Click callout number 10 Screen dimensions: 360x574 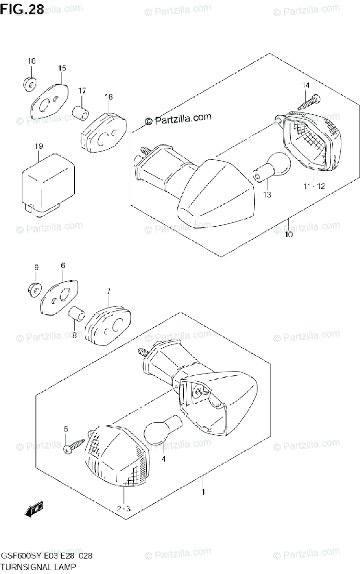pyautogui.click(x=288, y=235)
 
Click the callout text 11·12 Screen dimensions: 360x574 pyautogui.click(x=314, y=186)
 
